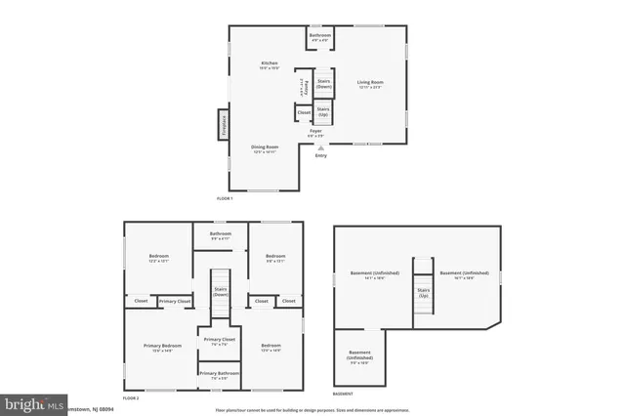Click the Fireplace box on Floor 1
tap(222, 125)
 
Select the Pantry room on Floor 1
tap(305, 86)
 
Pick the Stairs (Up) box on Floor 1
tap(323, 111)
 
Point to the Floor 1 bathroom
tap(320, 37)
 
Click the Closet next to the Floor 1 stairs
tap(304, 113)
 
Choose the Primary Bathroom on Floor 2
tap(219, 375)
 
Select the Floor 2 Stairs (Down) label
tap(220, 291)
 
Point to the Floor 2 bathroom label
tap(220, 235)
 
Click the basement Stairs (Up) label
tap(423, 292)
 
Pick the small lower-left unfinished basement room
tap(358, 358)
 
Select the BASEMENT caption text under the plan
tap(343, 394)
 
